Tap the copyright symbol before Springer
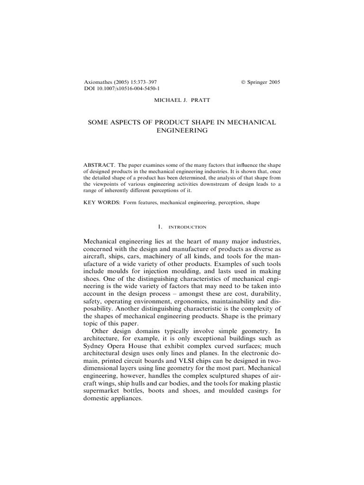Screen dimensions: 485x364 [244, 82]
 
